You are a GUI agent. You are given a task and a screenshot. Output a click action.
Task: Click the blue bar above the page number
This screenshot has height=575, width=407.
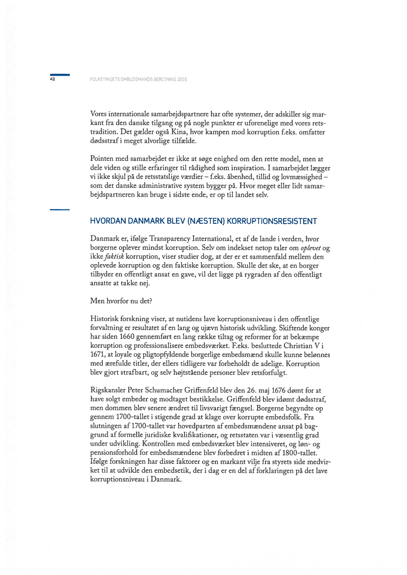[x=59, y=74]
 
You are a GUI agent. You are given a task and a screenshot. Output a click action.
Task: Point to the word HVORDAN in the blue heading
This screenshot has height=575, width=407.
[x=107, y=221]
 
